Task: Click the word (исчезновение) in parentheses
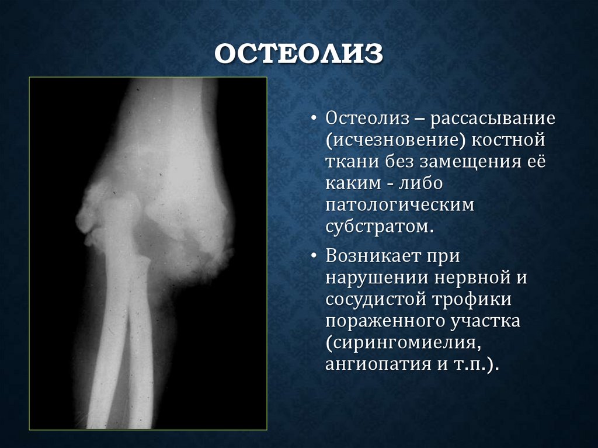[395, 140]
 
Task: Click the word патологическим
[399, 204]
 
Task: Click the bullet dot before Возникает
[315, 256]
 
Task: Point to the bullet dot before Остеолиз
[315, 119]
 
